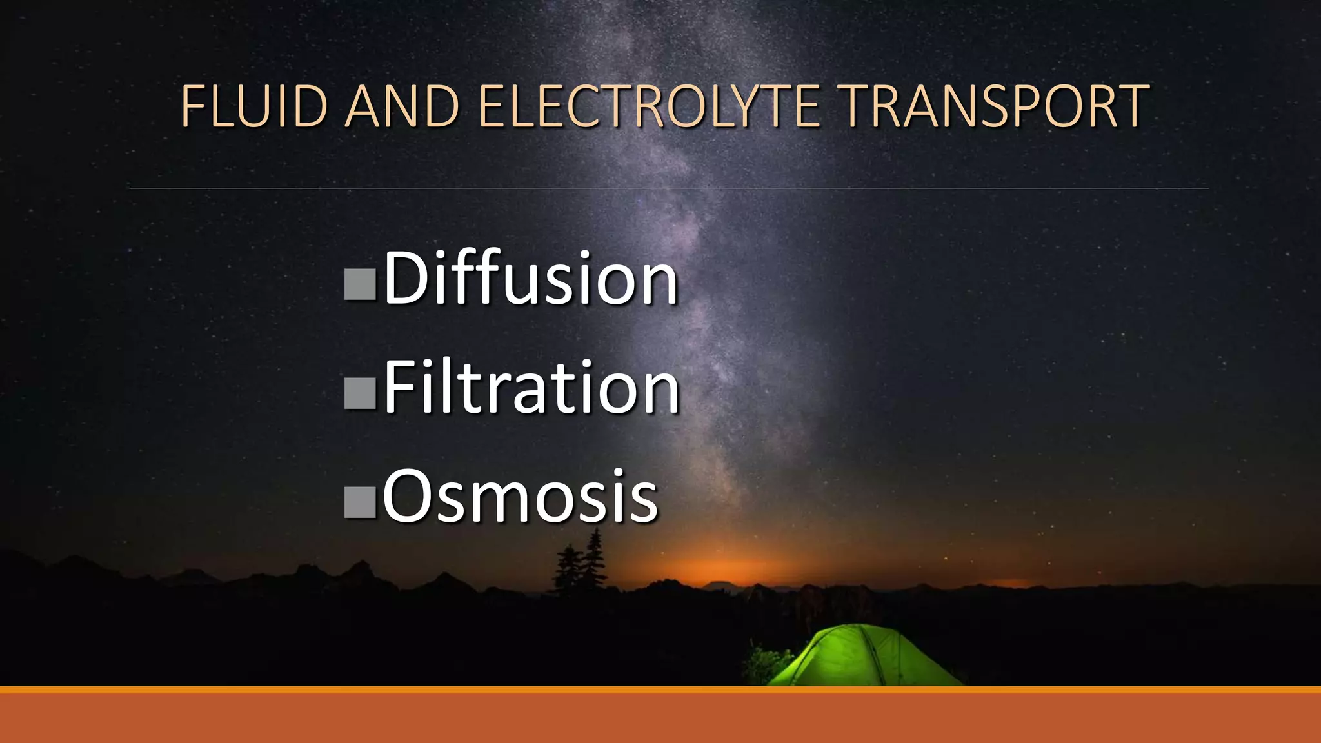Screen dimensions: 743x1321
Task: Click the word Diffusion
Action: (x=530, y=279)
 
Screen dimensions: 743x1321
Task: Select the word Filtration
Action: (x=531, y=388)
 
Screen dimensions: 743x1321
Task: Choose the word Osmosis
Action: (x=520, y=497)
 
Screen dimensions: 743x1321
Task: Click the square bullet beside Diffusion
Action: (x=360, y=284)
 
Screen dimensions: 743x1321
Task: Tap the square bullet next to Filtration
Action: (x=360, y=393)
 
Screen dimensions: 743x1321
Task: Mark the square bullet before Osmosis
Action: (x=360, y=502)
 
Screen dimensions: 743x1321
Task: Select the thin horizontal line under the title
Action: (x=668, y=188)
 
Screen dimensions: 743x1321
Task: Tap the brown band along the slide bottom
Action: (x=660, y=718)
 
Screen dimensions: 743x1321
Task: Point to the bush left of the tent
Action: (x=768, y=664)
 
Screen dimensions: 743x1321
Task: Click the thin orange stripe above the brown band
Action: (x=660, y=690)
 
